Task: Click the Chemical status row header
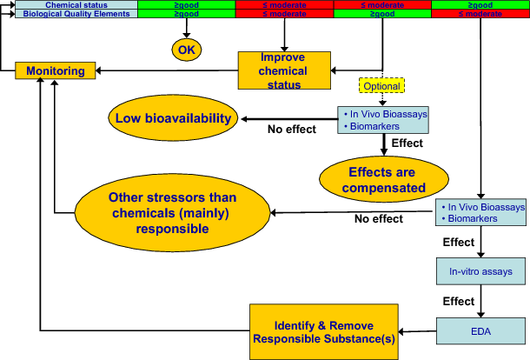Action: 70,4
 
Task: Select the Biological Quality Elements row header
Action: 70,14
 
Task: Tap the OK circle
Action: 186,50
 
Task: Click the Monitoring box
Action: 55,70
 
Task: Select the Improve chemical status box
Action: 284,70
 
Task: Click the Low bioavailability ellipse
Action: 174,118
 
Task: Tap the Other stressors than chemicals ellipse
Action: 173,213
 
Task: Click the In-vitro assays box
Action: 480,272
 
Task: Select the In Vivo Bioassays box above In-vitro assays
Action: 480,212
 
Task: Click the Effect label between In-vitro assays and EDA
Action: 460,301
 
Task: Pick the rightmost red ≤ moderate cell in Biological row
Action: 480,14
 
